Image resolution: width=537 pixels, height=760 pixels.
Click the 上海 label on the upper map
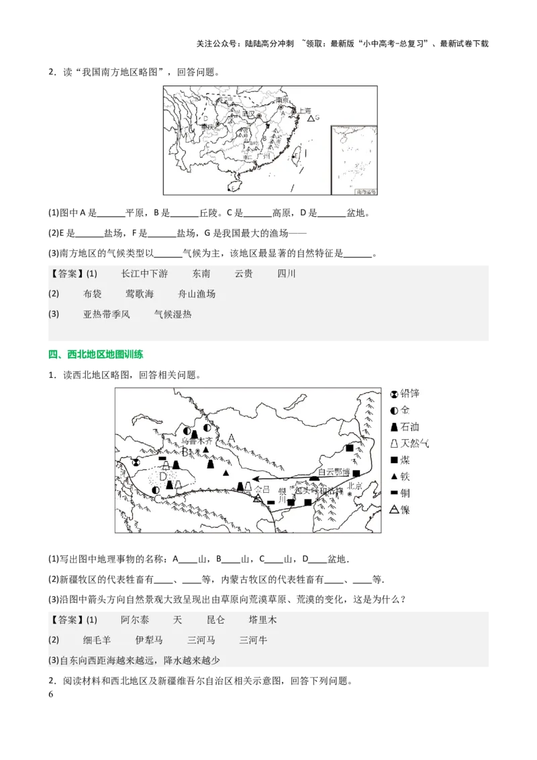click(304, 111)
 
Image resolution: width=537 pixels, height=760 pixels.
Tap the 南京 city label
click(282, 100)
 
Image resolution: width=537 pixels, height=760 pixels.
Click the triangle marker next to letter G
click(310, 118)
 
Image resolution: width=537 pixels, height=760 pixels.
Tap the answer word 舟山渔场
click(197, 294)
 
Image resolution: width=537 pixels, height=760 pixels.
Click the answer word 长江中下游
click(144, 274)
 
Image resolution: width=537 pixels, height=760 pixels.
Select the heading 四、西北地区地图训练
click(96, 354)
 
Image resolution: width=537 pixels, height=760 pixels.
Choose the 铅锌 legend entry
click(409, 394)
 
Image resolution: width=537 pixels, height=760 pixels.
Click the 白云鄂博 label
click(334, 472)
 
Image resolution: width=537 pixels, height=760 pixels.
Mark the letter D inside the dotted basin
click(162, 477)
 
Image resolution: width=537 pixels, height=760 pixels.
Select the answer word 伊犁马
click(149, 640)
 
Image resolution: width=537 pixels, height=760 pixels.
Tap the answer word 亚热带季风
click(107, 314)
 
